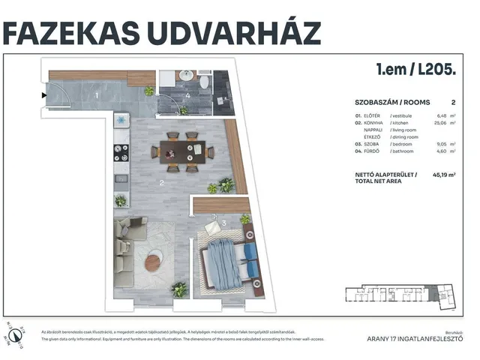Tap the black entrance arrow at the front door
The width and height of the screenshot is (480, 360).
coord(43,95)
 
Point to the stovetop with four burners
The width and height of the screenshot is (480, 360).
coord(120,152)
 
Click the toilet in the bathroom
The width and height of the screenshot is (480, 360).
coord(203,80)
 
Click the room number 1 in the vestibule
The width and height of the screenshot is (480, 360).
coord(97,95)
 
